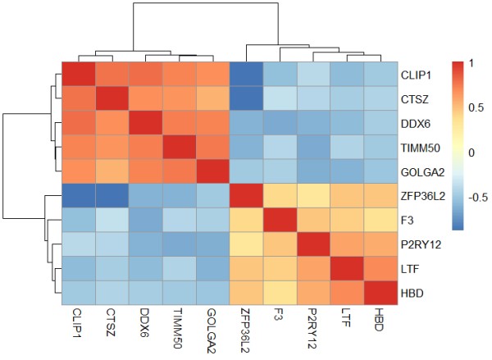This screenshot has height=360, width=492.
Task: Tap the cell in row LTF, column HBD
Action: (380, 267)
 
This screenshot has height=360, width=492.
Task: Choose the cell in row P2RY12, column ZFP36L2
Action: (248, 244)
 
